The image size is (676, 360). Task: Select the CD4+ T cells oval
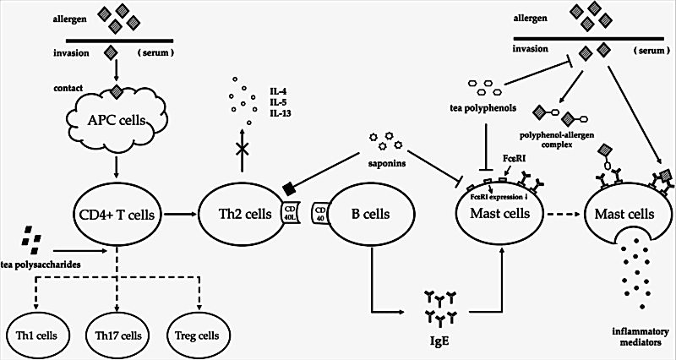coord(113,215)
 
